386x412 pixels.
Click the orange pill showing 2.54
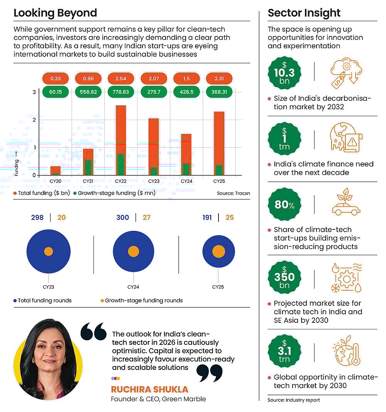pos(121,78)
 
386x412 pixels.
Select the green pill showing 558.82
pos(88,92)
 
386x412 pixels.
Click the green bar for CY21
pos(88,168)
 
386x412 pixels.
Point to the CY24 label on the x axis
pos(187,181)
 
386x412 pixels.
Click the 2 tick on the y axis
pos(34,120)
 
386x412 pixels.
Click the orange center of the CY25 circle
pos(218,251)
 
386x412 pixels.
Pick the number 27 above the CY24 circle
pos(146,217)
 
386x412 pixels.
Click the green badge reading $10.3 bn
pos(284,73)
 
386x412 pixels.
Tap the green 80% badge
pos(284,204)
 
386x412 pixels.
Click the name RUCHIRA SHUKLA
pos(149,389)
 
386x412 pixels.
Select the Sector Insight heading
pos(304,13)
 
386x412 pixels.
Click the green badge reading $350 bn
pos(284,277)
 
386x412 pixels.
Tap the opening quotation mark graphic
pos(93,332)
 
